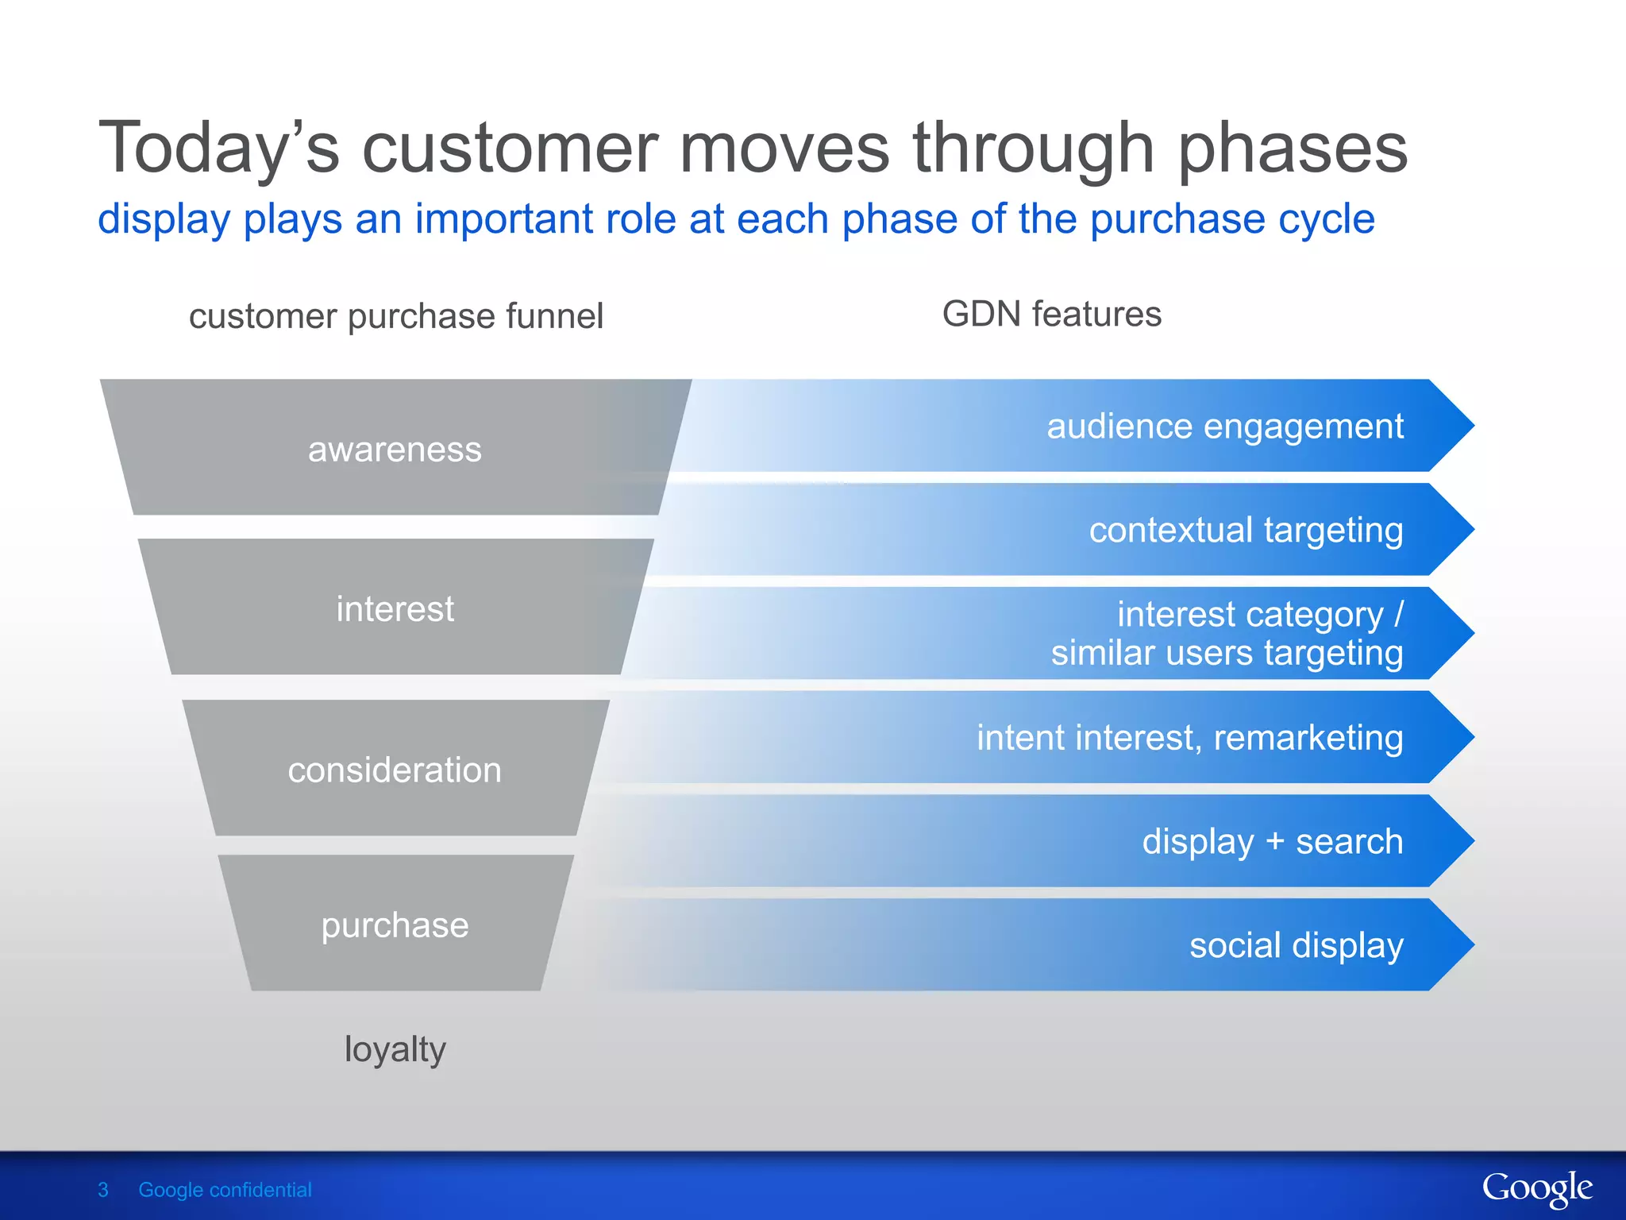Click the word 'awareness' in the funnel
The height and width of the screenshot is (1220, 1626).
[x=395, y=450]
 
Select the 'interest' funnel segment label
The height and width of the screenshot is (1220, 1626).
[x=395, y=609]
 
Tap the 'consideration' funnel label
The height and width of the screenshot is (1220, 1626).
[x=395, y=770]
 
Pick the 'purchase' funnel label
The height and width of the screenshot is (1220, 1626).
[x=395, y=925]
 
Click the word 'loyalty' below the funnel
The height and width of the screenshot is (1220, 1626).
[x=395, y=1049]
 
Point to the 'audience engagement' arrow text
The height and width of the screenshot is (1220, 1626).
[x=1224, y=427]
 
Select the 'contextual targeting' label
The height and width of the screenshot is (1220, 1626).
[x=1246, y=530]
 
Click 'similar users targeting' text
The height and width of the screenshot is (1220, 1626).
[x=1227, y=653]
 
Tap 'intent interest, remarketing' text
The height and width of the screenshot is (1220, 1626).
[x=1189, y=737]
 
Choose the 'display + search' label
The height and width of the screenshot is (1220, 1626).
[x=1272, y=841]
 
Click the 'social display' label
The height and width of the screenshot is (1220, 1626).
[x=1296, y=945]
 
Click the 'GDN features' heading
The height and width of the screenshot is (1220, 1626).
[x=1051, y=314]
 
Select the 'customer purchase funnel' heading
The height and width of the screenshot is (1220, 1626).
[x=395, y=316]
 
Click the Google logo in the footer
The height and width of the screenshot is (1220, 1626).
[x=1536, y=1189]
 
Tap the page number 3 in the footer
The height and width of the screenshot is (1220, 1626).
[x=102, y=1190]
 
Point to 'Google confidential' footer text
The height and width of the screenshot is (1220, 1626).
[x=225, y=1190]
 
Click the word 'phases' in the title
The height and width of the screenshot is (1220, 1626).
[x=1293, y=149]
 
